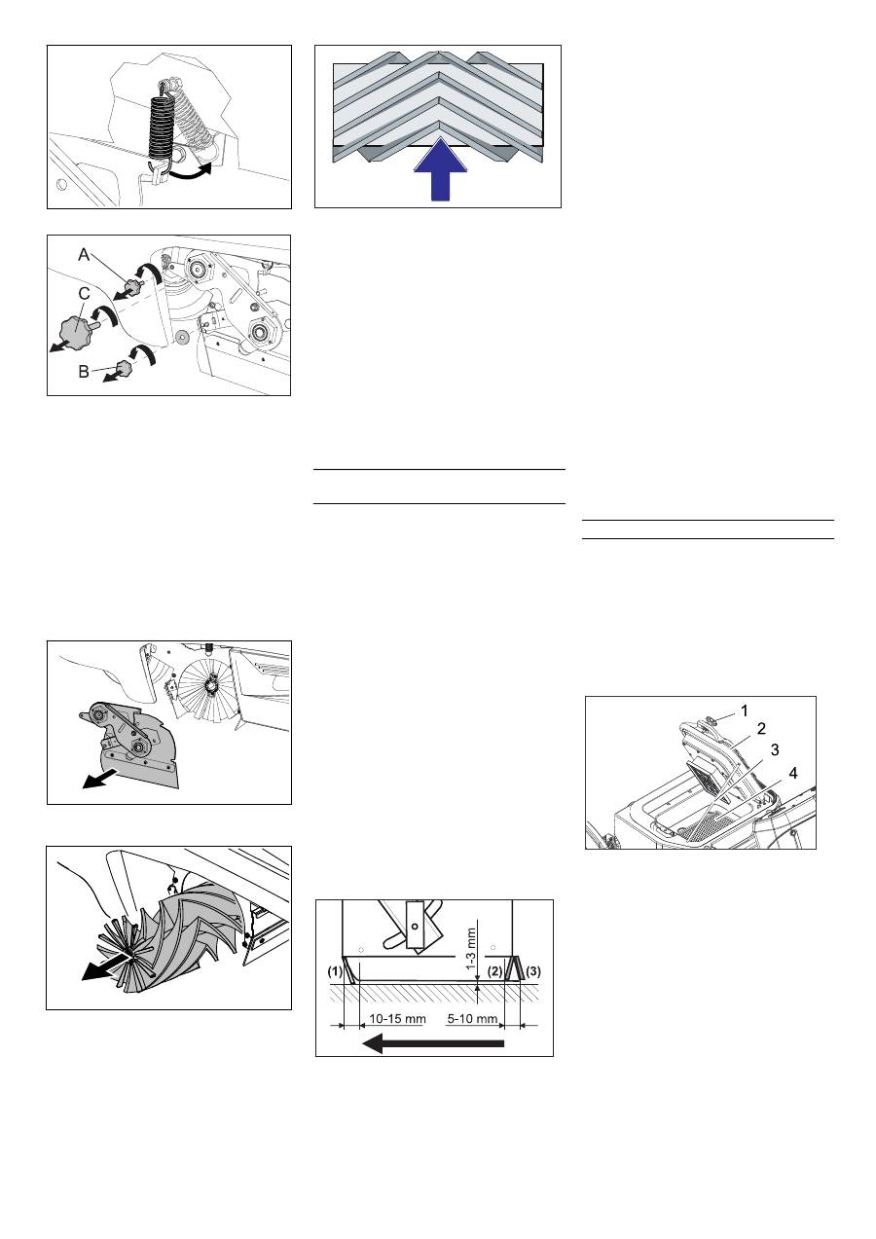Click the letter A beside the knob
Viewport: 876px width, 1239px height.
84,255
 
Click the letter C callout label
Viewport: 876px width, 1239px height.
84,293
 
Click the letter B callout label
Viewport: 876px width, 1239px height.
84,372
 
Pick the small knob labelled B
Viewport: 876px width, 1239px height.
123,366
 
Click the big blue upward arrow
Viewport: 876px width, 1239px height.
440,169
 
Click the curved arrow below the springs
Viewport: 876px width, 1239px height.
191,172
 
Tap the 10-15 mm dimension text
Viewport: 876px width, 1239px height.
397,1018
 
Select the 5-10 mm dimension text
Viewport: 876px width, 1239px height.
472,1018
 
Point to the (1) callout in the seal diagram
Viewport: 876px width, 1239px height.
336,971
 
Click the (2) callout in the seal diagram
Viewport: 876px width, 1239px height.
494,971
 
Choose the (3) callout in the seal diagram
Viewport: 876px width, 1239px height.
533,971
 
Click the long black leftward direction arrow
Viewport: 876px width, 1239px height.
433,1044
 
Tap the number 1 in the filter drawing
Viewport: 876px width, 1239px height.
745,711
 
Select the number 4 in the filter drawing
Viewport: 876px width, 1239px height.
793,773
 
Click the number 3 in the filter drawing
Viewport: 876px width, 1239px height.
775,749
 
